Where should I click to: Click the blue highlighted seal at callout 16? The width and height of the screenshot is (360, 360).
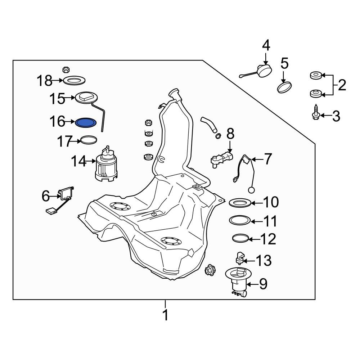coord(86,123)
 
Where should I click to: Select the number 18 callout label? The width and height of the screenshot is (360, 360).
coord(44,81)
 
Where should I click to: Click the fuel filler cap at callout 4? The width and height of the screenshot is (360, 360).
coord(264,70)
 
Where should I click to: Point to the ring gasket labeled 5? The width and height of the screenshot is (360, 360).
coord(284,87)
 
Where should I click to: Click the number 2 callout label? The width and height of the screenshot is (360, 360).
coord(342,85)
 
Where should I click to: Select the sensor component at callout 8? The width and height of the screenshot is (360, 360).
coord(221,159)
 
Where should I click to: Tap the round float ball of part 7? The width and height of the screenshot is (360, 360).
coord(251,190)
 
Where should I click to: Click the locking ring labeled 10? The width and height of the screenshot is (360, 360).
coord(240,203)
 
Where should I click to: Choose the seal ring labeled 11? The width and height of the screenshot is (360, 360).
coord(240,220)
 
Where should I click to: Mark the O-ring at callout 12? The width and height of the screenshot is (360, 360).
coord(240,238)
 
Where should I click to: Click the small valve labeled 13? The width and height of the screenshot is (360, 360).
coord(240,258)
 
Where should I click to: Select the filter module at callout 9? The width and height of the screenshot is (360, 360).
coord(238,282)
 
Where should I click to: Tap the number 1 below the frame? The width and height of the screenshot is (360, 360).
coord(165,315)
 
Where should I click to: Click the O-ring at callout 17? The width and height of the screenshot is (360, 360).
coord(89,140)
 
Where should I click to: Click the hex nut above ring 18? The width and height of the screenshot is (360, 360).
coord(66,69)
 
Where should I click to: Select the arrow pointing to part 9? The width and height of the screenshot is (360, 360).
coord(252,284)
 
